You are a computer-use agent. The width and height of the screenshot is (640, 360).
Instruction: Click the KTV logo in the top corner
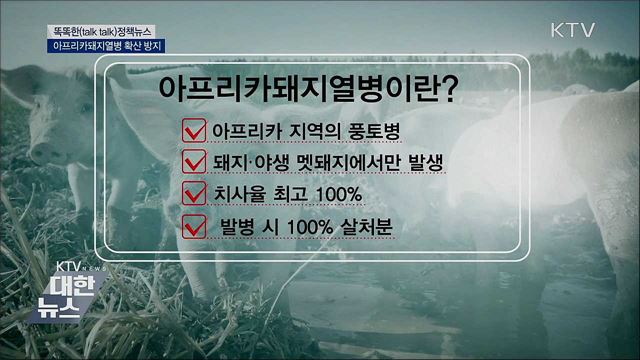(x=573, y=29)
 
